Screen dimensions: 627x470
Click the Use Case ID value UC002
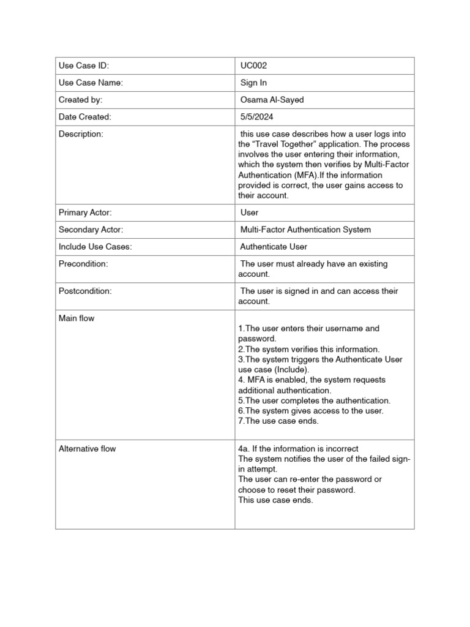pos(254,66)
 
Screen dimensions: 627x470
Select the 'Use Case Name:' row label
pos(91,83)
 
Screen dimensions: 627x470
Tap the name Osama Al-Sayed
pos(272,100)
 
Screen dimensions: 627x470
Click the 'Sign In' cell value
pos(253,83)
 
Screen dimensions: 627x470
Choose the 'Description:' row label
pos(81,134)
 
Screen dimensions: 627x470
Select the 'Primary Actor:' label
pos(85,212)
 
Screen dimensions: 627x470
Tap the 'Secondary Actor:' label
pos(91,230)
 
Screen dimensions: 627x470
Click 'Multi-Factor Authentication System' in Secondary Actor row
pos(305,230)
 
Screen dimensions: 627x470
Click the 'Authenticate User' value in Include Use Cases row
pos(274,247)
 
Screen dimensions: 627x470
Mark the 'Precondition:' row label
pos(83,264)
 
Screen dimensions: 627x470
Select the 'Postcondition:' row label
pos(85,291)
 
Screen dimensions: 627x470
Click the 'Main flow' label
pos(76,318)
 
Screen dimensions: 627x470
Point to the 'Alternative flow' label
pos(87,449)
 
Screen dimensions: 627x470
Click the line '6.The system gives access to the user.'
pos(311,411)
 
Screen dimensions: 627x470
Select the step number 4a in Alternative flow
pos(244,449)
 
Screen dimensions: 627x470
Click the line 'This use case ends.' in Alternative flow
pos(275,500)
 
